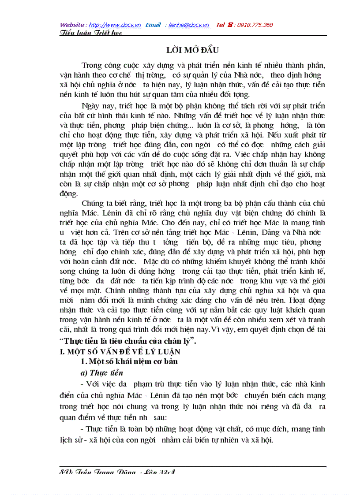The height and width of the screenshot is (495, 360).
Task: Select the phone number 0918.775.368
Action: point(255,25)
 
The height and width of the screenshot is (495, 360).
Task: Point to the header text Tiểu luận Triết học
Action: point(91,33)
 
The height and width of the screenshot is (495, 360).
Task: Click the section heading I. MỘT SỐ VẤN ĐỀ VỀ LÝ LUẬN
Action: point(120,352)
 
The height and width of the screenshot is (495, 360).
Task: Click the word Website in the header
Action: point(73,25)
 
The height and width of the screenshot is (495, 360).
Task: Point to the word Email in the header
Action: point(153,25)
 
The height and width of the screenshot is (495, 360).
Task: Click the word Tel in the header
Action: point(221,25)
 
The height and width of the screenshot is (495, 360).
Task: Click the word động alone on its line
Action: point(68,194)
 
